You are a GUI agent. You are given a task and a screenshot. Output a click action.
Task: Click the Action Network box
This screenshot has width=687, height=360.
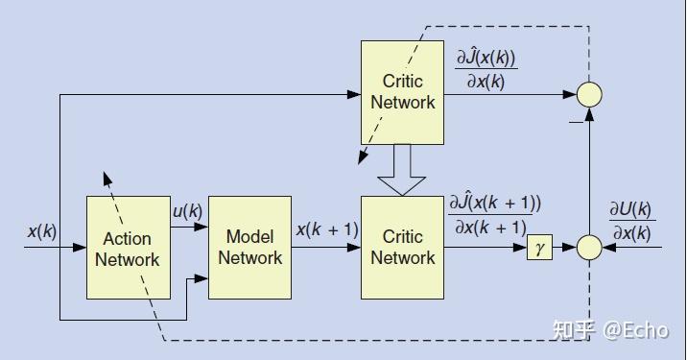[128, 248]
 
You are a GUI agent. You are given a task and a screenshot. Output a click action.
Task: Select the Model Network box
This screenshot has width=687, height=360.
[249, 247]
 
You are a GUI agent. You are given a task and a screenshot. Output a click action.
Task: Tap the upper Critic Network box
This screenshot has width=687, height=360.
[402, 92]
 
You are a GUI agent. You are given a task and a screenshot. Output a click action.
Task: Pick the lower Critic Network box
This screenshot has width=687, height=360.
[402, 247]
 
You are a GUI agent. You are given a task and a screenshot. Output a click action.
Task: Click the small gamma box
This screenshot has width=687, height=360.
[540, 248]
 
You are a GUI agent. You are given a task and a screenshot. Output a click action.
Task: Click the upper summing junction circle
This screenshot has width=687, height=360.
[589, 93]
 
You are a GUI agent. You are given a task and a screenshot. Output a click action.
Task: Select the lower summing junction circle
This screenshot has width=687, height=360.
[589, 248]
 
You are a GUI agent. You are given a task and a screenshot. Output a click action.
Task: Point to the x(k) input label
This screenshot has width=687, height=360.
[42, 231]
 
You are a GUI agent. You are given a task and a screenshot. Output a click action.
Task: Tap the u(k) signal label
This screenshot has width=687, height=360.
[186, 211]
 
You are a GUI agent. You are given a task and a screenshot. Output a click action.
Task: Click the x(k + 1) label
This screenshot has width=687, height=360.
[326, 230]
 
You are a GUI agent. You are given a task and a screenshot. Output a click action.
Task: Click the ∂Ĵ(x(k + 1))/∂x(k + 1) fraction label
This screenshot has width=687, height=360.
[495, 215]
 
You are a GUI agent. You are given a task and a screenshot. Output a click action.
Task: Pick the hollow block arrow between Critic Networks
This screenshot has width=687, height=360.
[402, 170]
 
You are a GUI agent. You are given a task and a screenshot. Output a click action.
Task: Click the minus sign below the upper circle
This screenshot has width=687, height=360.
[576, 121]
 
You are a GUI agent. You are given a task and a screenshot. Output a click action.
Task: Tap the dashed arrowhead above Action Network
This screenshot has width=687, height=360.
[107, 180]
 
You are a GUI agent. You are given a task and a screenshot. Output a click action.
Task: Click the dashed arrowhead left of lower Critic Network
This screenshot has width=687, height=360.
[362, 158]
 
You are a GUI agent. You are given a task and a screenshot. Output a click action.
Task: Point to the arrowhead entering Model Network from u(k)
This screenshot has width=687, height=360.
[202, 228]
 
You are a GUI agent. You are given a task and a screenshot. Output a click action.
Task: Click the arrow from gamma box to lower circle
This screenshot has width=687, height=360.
[565, 248]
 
